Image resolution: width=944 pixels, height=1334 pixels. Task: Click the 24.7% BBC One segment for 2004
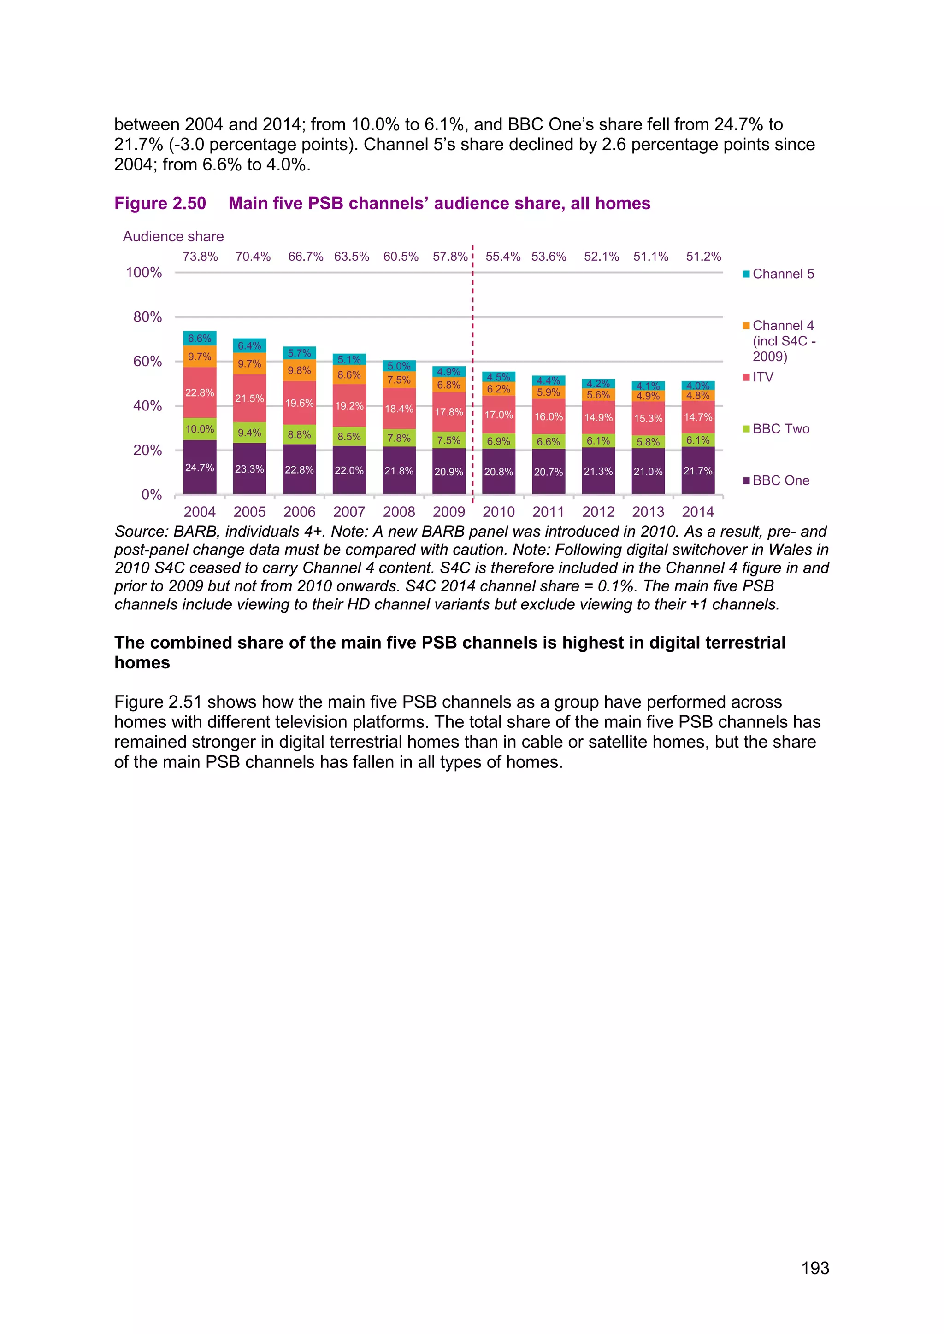(x=200, y=467)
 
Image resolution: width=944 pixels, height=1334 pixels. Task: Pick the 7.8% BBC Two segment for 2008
(x=399, y=438)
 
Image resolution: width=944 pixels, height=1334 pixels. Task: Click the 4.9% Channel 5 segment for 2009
(x=449, y=371)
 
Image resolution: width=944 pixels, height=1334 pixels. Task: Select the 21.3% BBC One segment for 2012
(x=598, y=471)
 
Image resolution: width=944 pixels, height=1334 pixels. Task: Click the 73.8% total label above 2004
(x=200, y=257)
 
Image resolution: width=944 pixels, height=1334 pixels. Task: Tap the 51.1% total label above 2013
(x=650, y=257)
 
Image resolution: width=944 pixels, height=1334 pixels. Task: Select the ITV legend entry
(x=762, y=377)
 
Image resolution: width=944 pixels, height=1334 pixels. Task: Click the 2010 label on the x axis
(x=499, y=512)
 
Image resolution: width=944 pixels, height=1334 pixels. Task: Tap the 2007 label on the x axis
(x=349, y=512)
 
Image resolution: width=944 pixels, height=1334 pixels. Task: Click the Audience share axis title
(x=173, y=236)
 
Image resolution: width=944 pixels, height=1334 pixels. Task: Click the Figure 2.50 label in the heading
(x=160, y=203)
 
